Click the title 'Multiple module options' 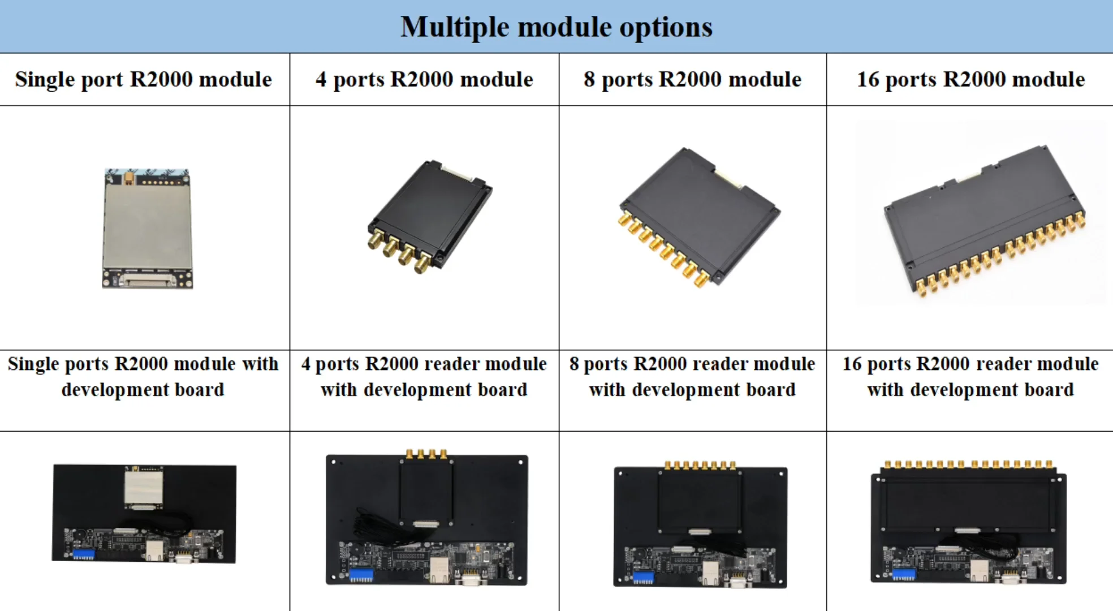556,27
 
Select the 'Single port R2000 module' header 144,79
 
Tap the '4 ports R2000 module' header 424,79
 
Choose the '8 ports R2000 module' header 692,79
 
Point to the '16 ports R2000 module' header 970,79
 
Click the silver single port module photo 147,228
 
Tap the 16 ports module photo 984,221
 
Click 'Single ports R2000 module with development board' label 144,376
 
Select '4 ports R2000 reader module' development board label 424,376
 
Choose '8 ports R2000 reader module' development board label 692,376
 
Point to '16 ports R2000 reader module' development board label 970,376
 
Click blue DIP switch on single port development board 84,554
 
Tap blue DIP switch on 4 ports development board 361,575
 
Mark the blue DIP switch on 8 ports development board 643,578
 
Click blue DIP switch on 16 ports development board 904,574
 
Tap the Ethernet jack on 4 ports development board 439,569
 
